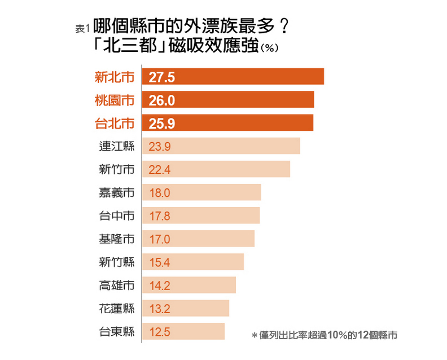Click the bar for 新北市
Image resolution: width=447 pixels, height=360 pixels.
233,77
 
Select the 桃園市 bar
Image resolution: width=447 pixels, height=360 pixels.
227,100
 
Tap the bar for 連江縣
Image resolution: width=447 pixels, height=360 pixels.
221,146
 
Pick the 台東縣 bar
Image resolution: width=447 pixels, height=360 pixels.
183,331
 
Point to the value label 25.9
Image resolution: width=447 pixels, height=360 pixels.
161,124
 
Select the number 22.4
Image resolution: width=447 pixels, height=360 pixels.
160,170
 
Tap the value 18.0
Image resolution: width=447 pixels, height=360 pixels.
160,193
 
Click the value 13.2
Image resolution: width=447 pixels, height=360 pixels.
159,309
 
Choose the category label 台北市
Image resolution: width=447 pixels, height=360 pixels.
115,123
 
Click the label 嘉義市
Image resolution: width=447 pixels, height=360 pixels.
116,193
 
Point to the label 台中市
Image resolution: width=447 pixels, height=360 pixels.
116,216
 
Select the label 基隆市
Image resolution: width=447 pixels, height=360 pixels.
116,239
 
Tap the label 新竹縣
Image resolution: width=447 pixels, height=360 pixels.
116,262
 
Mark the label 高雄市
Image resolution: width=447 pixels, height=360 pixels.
116,286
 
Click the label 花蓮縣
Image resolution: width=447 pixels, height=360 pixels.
116,309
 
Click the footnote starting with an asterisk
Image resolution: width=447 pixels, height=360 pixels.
324,335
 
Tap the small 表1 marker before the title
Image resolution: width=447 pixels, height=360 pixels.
82,29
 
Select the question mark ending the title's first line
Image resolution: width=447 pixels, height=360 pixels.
284,27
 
